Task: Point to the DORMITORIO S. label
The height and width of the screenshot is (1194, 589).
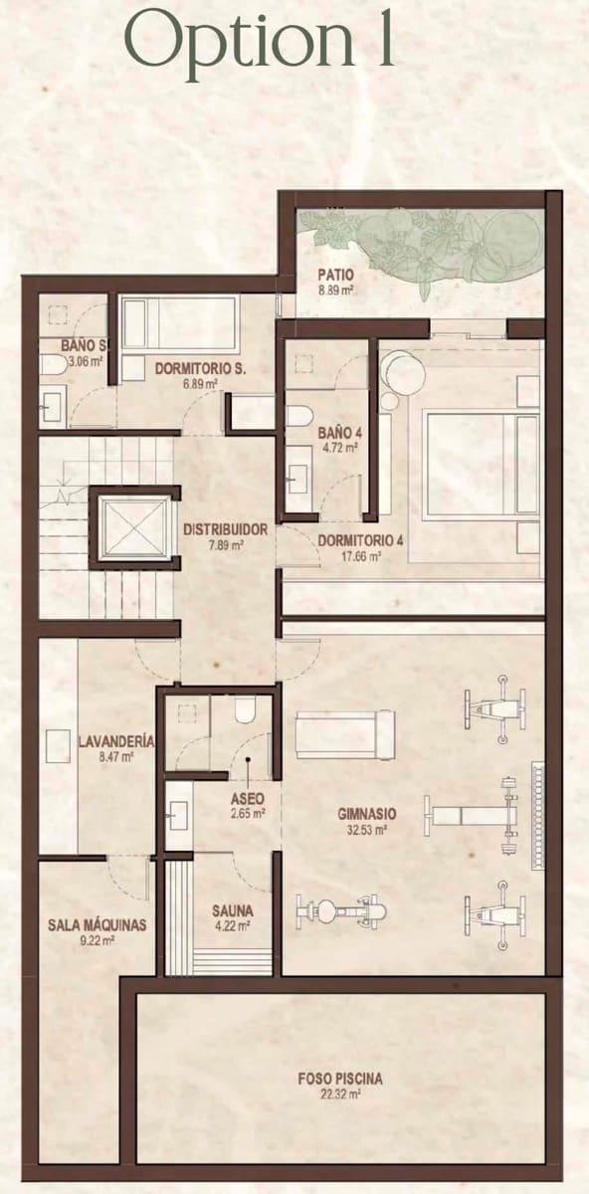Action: pyautogui.click(x=200, y=368)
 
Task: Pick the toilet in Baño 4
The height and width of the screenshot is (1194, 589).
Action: pyautogui.click(x=299, y=415)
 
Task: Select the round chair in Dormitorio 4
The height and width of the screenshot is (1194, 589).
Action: pyautogui.click(x=406, y=376)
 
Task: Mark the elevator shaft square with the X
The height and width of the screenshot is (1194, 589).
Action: pyautogui.click(x=134, y=528)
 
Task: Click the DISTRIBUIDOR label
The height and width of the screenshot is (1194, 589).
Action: pyautogui.click(x=225, y=529)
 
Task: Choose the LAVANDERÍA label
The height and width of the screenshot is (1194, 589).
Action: pyautogui.click(x=115, y=741)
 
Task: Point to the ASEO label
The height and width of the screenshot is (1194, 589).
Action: pyautogui.click(x=247, y=798)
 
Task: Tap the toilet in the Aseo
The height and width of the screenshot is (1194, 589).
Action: pyautogui.click(x=245, y=710)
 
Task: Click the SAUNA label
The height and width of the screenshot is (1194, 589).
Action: pyautogui.click(x=232, y=909)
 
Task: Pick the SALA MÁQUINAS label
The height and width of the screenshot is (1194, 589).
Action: pyautogui.click(x=97, y=924)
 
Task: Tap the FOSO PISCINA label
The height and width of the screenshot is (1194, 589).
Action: pyautogui.click(x=340, y=1078)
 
